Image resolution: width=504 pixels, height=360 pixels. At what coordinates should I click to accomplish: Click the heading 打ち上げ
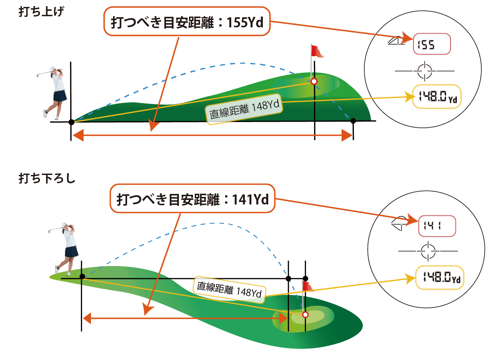[x=41, y=12]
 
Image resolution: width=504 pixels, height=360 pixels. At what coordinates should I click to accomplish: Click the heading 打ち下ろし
[x=47, y=178]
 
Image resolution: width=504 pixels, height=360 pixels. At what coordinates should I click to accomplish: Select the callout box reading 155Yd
[x=187, y=22]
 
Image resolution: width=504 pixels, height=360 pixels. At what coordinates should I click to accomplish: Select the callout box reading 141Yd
[x=192, y=199]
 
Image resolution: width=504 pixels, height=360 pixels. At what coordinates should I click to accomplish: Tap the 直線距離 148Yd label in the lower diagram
[x=230, y=290]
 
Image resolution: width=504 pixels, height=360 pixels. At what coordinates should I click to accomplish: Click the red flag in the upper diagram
[x=317, y=51]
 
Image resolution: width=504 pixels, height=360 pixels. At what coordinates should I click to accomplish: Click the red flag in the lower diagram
[x=307, y=286]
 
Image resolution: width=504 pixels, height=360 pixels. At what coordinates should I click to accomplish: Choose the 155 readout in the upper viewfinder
[x=432, y=44]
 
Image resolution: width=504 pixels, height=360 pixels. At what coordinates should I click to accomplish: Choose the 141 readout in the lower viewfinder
[x=437, y=226]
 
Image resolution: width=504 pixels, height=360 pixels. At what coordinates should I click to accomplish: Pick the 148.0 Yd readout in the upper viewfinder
[x=437, y=96]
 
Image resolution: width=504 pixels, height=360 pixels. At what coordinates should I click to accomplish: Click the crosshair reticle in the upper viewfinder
[x=425, y=71]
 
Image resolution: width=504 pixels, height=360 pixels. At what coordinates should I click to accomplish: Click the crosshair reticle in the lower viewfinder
[x=428, y=251]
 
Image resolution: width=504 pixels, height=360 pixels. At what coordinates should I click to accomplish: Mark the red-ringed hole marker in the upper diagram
[x=314, y=82]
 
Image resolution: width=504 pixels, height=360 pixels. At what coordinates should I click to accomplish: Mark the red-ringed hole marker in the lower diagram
[x=305, y=315]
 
